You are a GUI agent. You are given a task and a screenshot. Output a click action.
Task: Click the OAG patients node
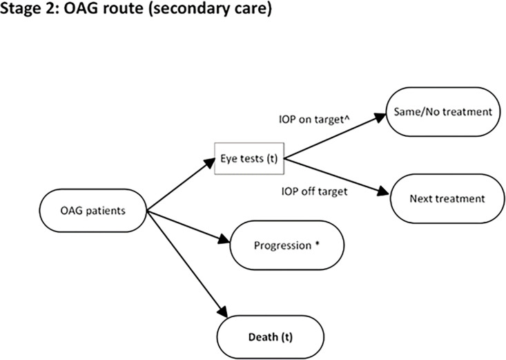(93, 211)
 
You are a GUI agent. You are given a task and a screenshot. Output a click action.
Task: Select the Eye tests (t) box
(249, 159)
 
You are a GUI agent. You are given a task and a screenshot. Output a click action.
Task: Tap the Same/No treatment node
(443, 112)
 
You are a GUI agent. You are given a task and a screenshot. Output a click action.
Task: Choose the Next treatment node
(447, 198)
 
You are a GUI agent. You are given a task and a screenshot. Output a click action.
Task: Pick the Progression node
(287, 245)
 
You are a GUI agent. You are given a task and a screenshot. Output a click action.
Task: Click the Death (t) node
(271, 337)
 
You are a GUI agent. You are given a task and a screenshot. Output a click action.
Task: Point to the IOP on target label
(314, 120)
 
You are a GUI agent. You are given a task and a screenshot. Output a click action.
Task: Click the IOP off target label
(314, 191)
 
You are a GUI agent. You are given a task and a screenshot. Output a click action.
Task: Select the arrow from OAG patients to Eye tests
(181, 184)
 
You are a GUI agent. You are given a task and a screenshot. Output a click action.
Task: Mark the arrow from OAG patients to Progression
(188, 227)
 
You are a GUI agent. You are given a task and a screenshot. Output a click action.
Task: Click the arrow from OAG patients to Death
(187, 265)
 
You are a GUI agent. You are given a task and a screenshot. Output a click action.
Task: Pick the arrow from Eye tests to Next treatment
(338, 176)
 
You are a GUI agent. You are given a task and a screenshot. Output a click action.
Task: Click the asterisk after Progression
(318, 243)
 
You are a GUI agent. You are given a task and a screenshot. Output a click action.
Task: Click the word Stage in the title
(20, 8)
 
